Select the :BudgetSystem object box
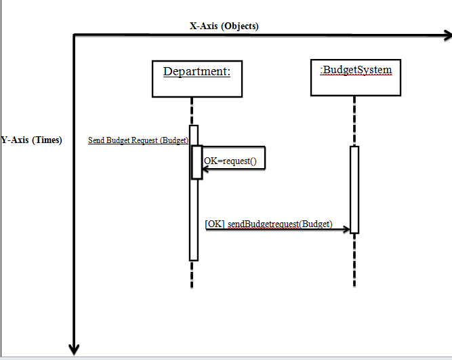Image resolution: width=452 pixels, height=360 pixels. point(354,78)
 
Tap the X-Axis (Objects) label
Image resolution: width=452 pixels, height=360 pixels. point(224,26)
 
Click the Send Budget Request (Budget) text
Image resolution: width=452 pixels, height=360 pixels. point(138,140)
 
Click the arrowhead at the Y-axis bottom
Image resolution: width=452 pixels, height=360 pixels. point(74,349)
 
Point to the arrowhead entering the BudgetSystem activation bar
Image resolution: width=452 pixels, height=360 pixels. point(346,230)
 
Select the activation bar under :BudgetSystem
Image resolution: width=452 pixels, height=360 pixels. point(354,189)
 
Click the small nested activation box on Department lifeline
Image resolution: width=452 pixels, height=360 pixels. point(197,162)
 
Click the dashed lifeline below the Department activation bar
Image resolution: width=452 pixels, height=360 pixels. point(193,274)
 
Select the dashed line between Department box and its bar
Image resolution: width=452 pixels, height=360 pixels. point(193,111)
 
